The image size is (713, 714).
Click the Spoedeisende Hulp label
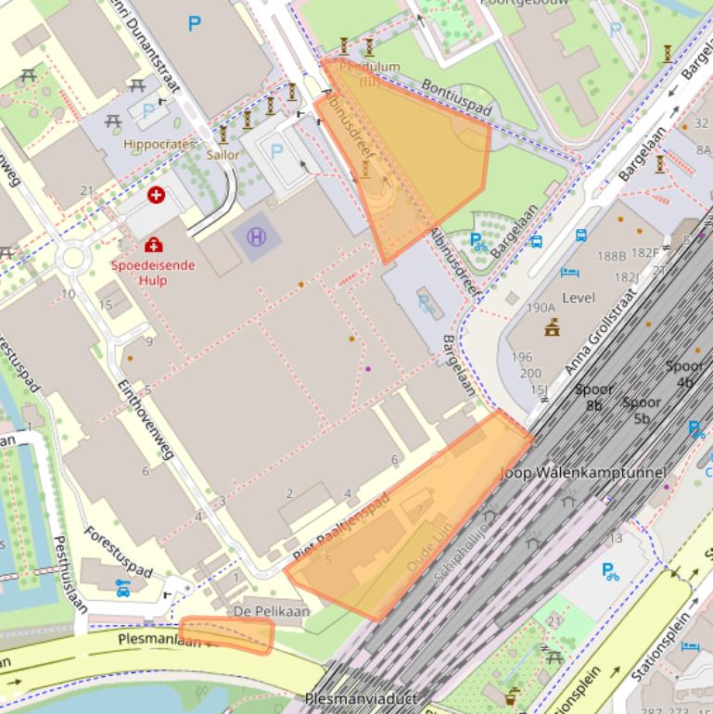(153, 272)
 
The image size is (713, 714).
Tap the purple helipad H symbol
(256, 236)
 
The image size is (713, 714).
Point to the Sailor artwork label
(223, 155)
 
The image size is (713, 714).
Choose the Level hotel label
(579, 298)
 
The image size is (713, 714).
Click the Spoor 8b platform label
(594, 397)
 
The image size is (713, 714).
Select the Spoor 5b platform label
(641, 410)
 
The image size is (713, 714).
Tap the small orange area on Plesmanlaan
(227, 635)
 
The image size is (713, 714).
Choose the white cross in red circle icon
(156, 195)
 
